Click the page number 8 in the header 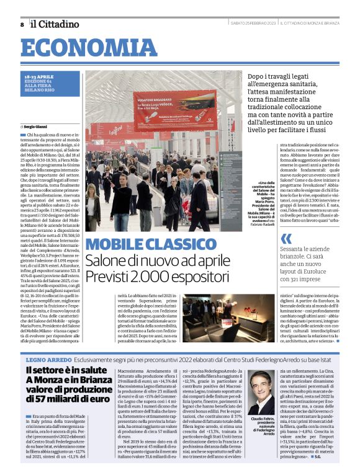pyautogui.click(x=22, y=24)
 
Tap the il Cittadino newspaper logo pyautogui.click(x=56, y=24)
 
